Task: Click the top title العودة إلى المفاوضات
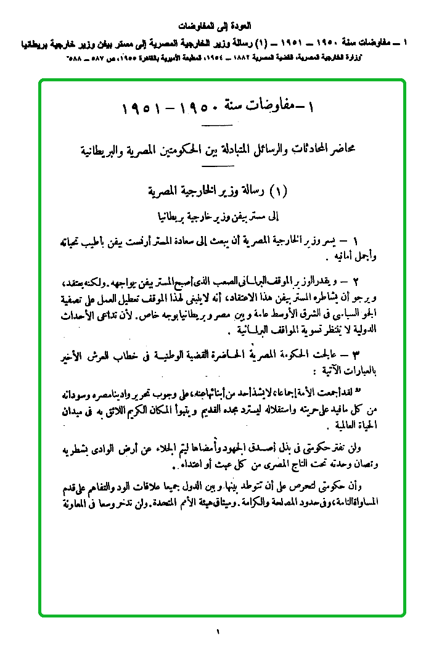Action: [213, 26]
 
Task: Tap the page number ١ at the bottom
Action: [218, 631]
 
